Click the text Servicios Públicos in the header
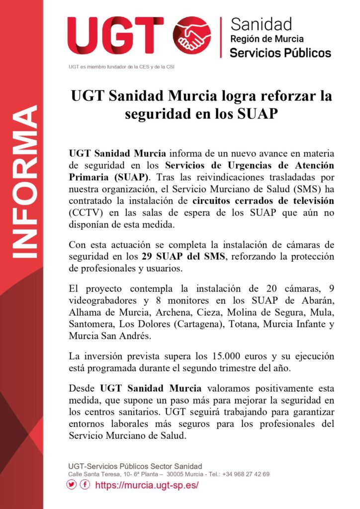(x=280, y=52)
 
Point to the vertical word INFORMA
(x=25, y=181)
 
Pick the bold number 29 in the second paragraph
(x=147, y=257)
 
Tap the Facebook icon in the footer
(x=85, y=485)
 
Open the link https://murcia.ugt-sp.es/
(x=146, y=485)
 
